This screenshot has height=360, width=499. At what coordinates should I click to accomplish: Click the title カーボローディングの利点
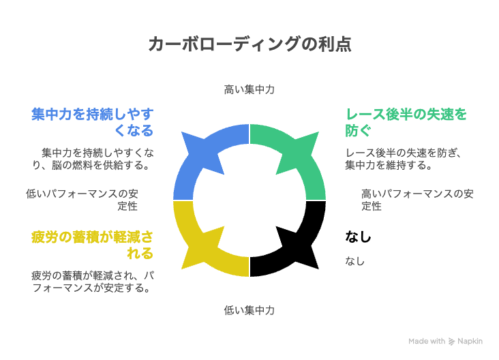point(249,44)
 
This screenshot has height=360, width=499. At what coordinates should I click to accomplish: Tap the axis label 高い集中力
point(249,90)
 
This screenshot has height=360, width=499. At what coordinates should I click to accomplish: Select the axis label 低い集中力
point(249,310)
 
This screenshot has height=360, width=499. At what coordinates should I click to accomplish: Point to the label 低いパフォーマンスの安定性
point(82,200)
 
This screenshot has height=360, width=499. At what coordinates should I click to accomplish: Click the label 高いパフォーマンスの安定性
point(417,200)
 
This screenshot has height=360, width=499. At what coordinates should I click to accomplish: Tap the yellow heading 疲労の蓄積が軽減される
point(93,245)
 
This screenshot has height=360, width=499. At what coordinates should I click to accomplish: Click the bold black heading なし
point(359,237)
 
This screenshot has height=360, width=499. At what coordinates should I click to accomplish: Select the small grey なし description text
point(355,261)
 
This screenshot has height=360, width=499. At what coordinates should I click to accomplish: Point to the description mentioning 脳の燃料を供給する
point(93,159)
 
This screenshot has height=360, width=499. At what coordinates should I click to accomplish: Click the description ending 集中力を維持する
point(403,159)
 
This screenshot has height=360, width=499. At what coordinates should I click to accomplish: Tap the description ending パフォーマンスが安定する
point(93,282)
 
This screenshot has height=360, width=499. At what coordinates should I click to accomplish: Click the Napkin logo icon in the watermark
point(451,342)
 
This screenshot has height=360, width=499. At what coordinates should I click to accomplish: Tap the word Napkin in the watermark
point(470,341)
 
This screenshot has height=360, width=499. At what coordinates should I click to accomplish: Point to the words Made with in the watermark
point(427,341)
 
